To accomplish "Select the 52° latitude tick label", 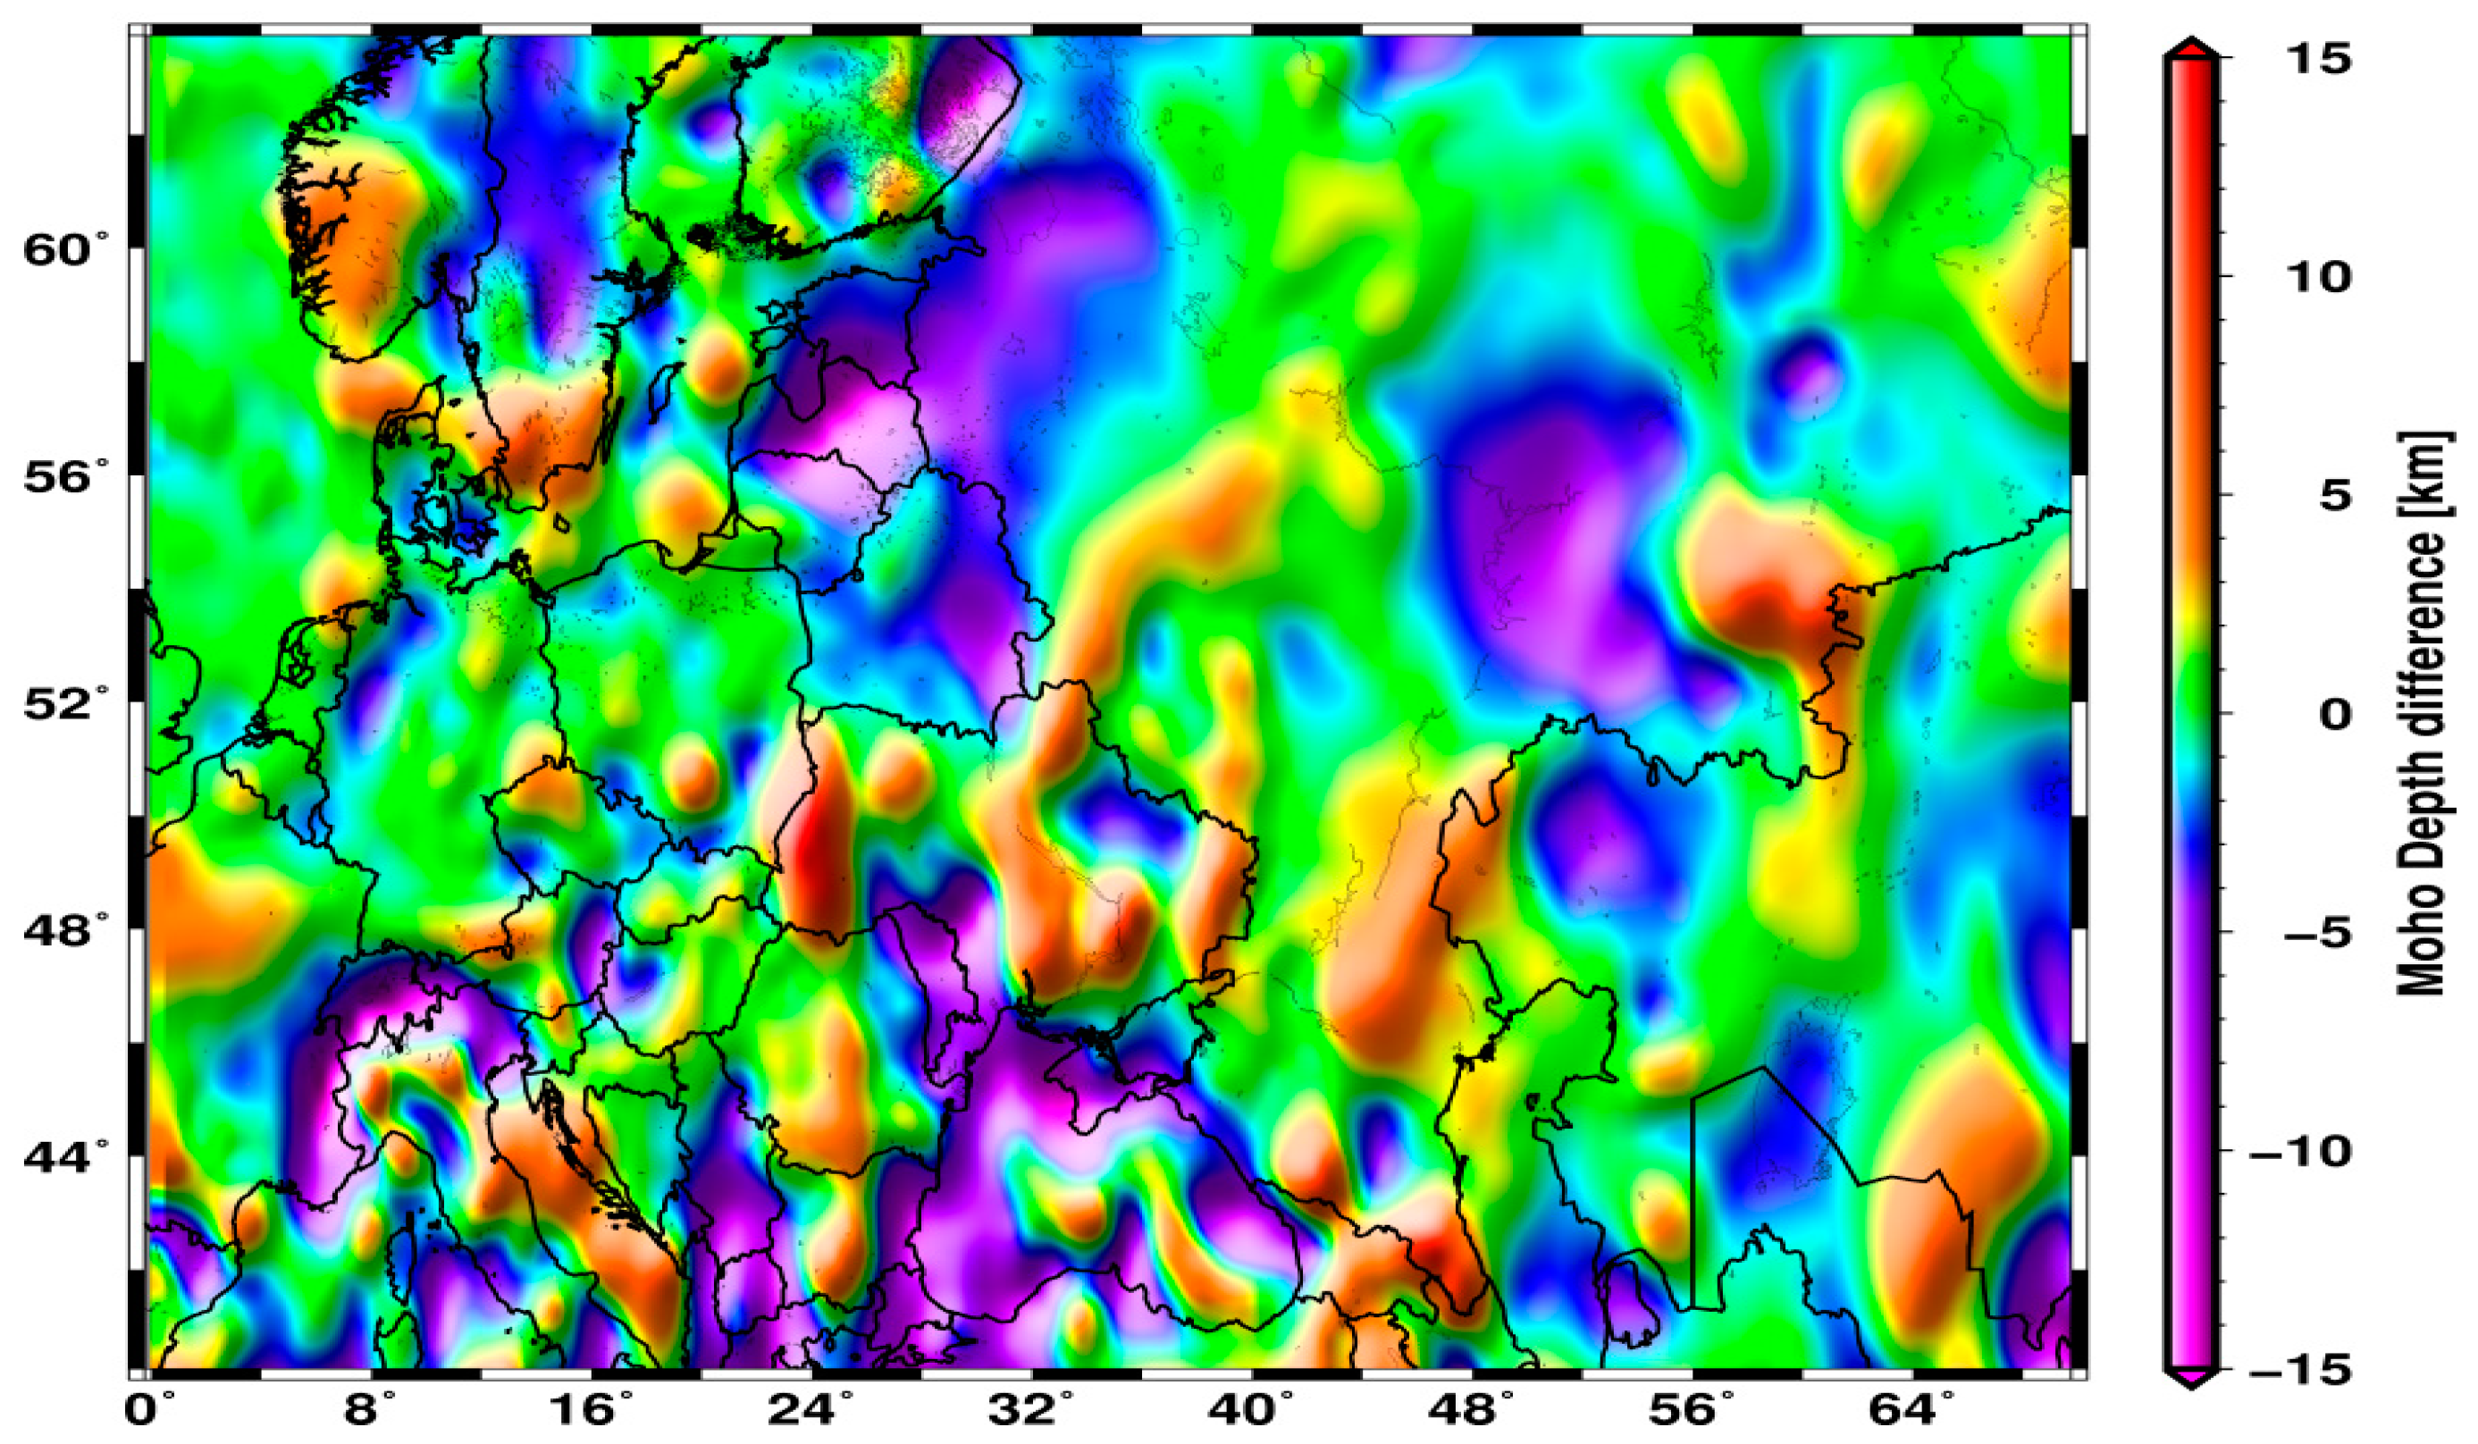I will [x=66, y=704].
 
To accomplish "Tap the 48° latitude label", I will [x=66, y=930].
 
